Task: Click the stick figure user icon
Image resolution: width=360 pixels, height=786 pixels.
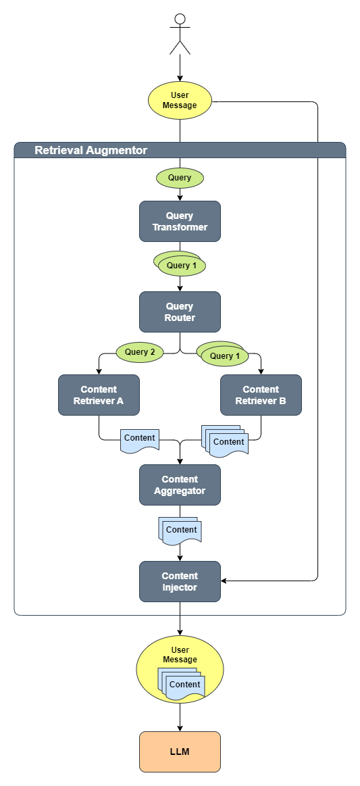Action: click(x=180, y=34)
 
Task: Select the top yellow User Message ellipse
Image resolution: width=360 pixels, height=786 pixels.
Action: click(x=180, y=100)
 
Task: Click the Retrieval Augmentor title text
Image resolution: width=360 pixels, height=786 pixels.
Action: click(x=91, y=150)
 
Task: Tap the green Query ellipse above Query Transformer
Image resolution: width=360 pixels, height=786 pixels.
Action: click(x=180, y=178)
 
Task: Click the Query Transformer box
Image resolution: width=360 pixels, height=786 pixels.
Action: click(x=180, y=221)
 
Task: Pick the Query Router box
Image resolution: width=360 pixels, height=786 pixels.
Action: click(x=180, y=312)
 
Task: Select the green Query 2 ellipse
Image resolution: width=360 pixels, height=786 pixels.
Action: click(x=140, y=352)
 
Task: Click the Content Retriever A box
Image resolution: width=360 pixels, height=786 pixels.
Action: click(x=99, y=395)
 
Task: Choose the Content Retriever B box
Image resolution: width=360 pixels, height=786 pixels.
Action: click(x=261, y=395)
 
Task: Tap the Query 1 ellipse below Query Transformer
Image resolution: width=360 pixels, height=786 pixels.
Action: click(x=180, y=265)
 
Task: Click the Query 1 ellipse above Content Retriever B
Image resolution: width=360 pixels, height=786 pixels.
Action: click(x=224, y=355)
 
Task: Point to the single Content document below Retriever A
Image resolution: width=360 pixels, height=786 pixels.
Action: click(x=140, y=440)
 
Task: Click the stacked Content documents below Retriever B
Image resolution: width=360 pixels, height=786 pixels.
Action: click(x=226, y=441)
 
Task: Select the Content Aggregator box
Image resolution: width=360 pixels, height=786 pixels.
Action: click(x=180, y=485)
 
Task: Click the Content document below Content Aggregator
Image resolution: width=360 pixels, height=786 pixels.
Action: click(x=180, y=530)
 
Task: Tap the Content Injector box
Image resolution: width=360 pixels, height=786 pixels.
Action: click(x=180, y=581)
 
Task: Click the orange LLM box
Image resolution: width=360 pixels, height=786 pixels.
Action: click(x=180, y=751)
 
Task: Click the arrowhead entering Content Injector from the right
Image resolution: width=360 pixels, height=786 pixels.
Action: click(x=225, y=581)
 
